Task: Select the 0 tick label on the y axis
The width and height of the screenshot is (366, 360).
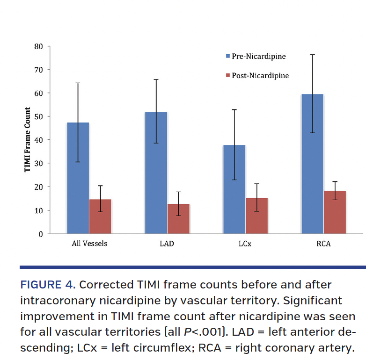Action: pos(41,234)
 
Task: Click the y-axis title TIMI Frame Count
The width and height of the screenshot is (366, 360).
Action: pos(28,140)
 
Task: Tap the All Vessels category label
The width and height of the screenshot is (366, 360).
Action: pos(89,244)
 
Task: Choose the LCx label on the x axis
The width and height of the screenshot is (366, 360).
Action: pos(245,244)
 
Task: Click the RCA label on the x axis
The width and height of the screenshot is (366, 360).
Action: pos(323,244)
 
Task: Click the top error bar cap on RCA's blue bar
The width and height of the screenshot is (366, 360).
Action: pos(312,55)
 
